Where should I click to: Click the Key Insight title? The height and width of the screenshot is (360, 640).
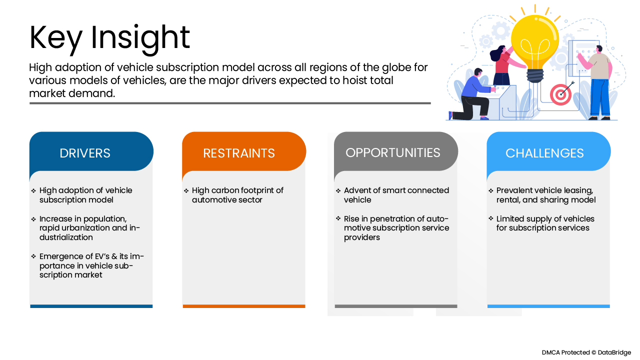pyautogui.click(x=109, y=37)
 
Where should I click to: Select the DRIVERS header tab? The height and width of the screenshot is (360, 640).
pyautogui.click(x=85, y=153)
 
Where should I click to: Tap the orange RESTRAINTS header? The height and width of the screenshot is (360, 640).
pyautogui.click(x=239, y=153)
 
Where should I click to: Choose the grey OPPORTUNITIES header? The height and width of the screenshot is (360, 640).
pyautogui.click(x=393, y=152)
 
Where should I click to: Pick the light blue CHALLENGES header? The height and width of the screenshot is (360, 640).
pyautogui.click(x=544, y=153)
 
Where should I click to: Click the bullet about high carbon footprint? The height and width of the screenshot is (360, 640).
pyautogui.click(x=237, y=195)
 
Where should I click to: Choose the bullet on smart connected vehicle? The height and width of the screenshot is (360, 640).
pyautogui.click(x=396, y=195)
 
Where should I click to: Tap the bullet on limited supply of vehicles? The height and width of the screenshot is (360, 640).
pyautogui.click(x=545, y=223)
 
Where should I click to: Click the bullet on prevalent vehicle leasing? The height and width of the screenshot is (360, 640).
pyautogui.click(x=545, y=195)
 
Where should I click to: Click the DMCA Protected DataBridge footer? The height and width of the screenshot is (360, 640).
pyautogui.click(x=586, y=352)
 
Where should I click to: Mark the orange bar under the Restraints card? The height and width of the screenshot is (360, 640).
pyautogui.click(x=243, y=306)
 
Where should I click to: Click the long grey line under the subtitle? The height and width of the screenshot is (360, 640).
pyautogui.click(x=230, y=103)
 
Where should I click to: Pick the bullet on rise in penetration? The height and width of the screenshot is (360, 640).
pyautogui.click(x=396, y=228)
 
